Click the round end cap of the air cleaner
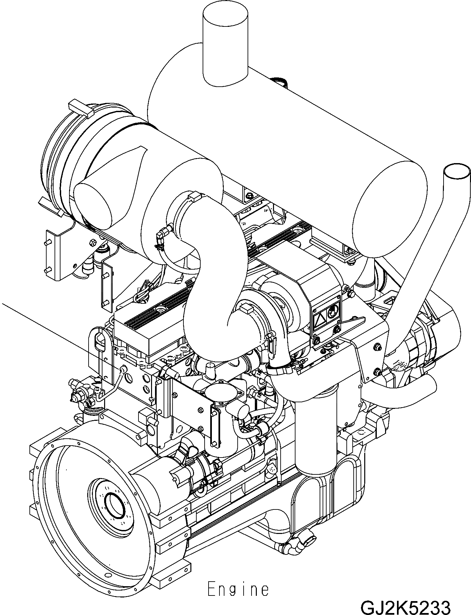pos(99,205)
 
